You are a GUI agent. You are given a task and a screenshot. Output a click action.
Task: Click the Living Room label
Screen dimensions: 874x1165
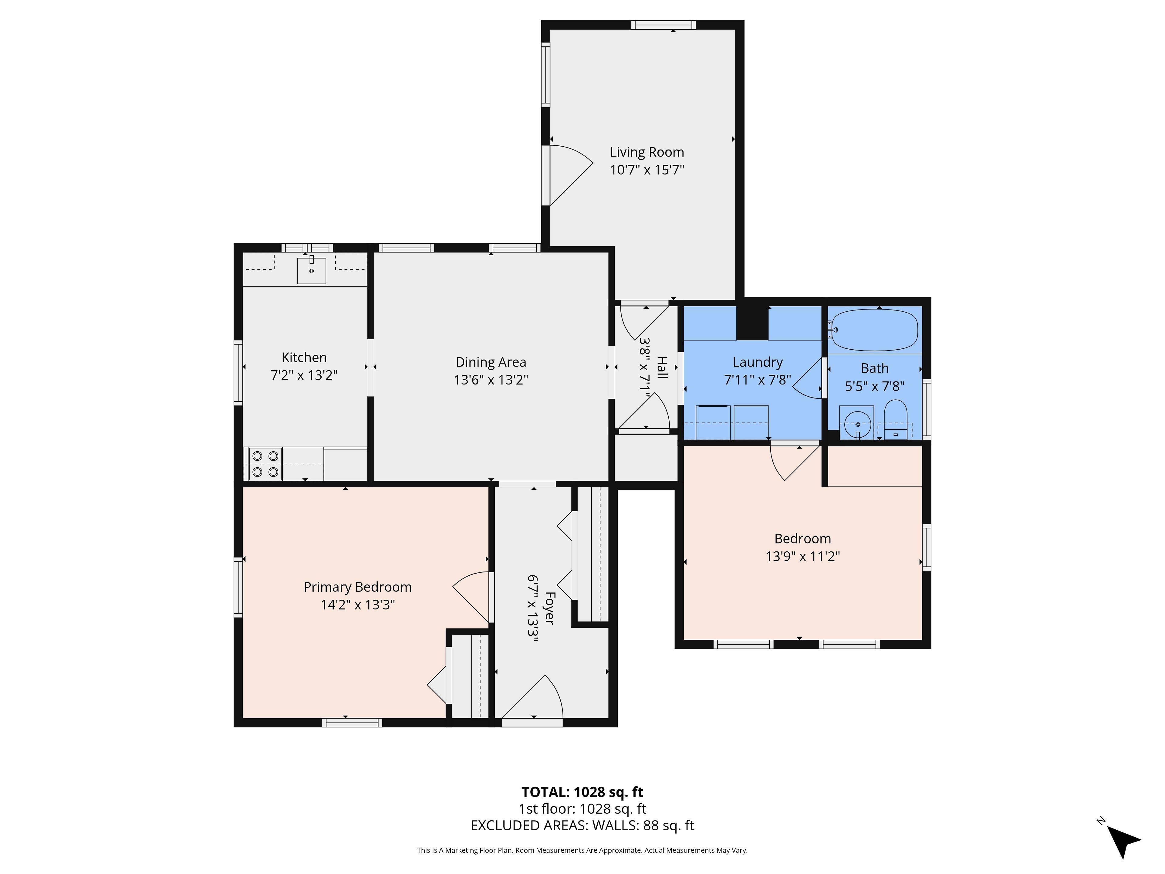pyautogui.click(x=647, y=152)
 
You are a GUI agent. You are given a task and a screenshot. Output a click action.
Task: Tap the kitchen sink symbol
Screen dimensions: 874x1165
pyautogui.click(x=311, y=270)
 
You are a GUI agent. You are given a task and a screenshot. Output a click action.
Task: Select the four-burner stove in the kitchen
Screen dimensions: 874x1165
pyautogui.click(x=265, y=464)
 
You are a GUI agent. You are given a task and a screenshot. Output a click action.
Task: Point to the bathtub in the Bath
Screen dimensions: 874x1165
pyautogui.click(x=874, y=330)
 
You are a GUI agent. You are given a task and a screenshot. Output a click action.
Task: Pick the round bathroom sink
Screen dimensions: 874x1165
pyautogui.click(x=857, y=424)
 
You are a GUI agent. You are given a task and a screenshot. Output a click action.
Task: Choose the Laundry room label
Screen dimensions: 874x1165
pyautogui.click(x=757, y=362)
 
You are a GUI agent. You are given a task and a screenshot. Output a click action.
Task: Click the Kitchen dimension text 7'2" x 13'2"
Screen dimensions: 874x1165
pyautogui.click(x=304, y=375)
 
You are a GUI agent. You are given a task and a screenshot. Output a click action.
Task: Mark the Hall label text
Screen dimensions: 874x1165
pyautogui.click(x=662, y=367)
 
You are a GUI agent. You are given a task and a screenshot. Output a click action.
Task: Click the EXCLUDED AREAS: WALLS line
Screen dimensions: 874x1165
pyautogui.click(x=582, y=825)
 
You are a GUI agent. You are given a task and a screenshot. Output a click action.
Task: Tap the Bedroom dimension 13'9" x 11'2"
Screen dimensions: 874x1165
pyautogui.click(x=802, y=556)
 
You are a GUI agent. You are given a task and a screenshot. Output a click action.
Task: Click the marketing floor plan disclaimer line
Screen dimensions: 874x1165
pyautogui.click(x=582, y=850)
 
